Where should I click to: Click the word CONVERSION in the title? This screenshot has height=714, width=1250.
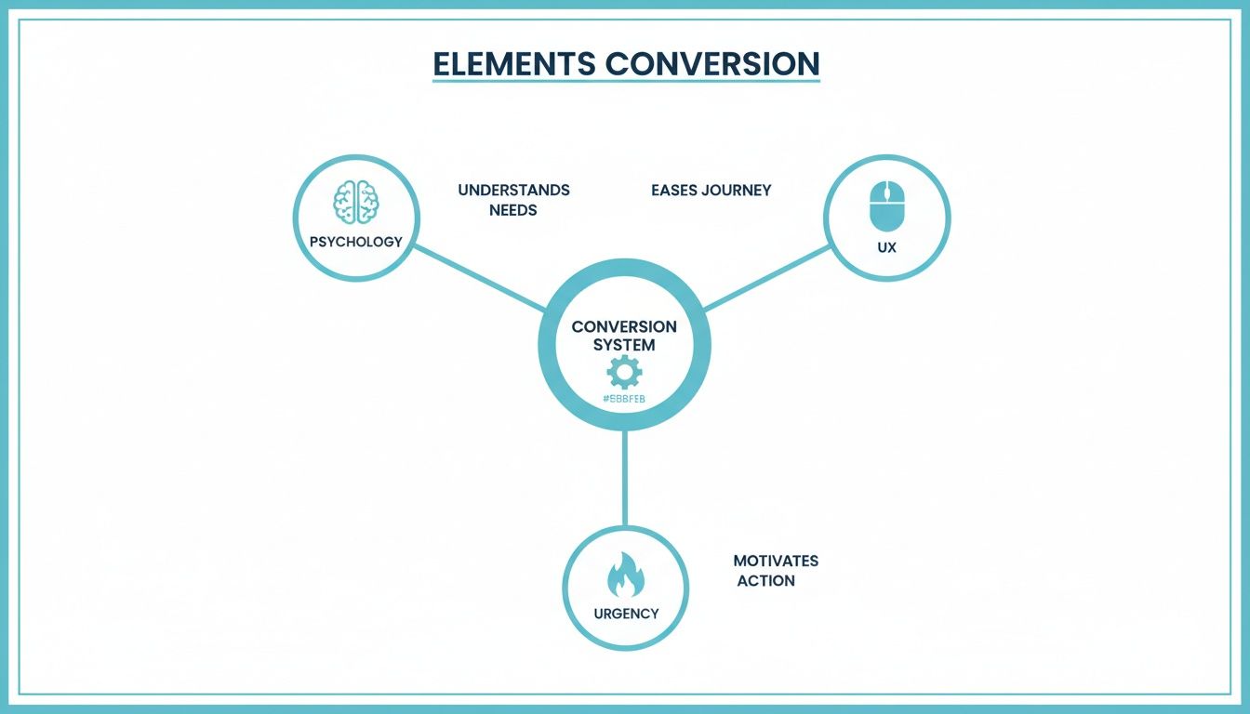[711, 63]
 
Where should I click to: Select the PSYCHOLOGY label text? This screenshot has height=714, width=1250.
[355, 242]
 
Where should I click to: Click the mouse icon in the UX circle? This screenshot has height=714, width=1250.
[886, 205]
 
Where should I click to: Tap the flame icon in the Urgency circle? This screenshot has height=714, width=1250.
[625, 575]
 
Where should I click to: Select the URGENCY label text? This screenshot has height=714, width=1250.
[626, 614]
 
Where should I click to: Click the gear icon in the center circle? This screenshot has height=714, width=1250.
[624, 373]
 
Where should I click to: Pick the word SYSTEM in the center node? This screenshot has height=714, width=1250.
[624, 345]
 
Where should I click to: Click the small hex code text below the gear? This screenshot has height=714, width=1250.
[624, 399]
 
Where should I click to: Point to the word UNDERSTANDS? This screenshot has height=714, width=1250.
[513, 190]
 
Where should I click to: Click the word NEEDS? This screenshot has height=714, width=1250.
[513, 210]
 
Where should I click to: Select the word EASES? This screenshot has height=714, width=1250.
[673, 190]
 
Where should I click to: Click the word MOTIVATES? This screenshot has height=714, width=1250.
[776, 561]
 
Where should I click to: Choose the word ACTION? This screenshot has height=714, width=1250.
[766, 581]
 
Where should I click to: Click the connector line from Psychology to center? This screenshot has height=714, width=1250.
[479, 278]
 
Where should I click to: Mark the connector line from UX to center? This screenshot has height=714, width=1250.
[767, 278]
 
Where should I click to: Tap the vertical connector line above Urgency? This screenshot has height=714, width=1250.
[625, 479]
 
